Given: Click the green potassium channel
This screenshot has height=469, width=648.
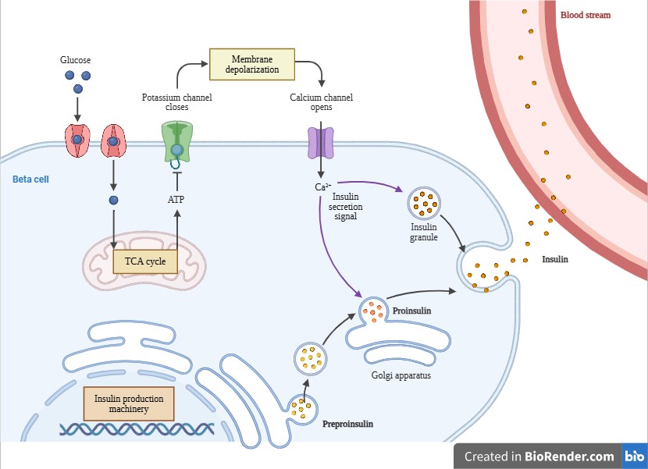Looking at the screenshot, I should [x=177, y=141].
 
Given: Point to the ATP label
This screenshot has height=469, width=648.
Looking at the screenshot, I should [x=177, y=199].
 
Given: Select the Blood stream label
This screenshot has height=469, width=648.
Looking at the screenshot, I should [x=586, y=15].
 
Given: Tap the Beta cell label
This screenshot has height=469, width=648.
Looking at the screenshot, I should [x=31, y=179].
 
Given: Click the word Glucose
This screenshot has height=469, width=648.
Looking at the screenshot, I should [x=76, y=59].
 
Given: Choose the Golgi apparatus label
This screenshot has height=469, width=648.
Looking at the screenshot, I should [x=401, y=375].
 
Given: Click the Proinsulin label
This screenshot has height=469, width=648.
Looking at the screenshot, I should [x=412, y=311].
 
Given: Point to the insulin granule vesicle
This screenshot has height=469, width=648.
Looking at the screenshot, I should [x=425, y=204].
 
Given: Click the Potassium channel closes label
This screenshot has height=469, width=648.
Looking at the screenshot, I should [x=177, y=102].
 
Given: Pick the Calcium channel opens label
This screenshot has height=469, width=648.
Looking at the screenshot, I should [x=322, y=102].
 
